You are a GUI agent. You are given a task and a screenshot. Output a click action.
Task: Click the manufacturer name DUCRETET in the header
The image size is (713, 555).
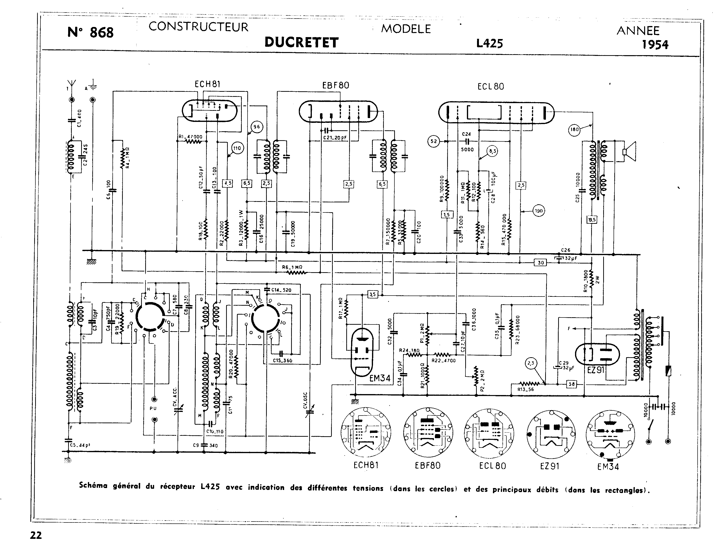point(301,42)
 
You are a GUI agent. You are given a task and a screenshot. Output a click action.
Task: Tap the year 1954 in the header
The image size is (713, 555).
point(655,44)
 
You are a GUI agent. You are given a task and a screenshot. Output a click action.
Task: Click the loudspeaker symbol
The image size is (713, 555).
point(629,152)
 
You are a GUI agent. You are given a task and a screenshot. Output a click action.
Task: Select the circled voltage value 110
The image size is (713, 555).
point(237,148)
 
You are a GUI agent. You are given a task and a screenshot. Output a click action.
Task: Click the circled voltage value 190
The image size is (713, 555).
point(539,211)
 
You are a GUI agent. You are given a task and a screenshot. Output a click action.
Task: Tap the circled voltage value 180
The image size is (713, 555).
point(574,129)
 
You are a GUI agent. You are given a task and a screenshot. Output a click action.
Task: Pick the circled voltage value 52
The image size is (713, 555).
point(433,141)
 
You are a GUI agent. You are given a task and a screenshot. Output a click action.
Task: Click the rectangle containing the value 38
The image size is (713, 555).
point(571,384)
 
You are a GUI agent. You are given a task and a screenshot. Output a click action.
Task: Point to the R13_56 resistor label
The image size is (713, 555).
point(526,389)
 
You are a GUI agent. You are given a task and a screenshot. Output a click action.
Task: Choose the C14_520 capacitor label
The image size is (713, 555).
point(281,290)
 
